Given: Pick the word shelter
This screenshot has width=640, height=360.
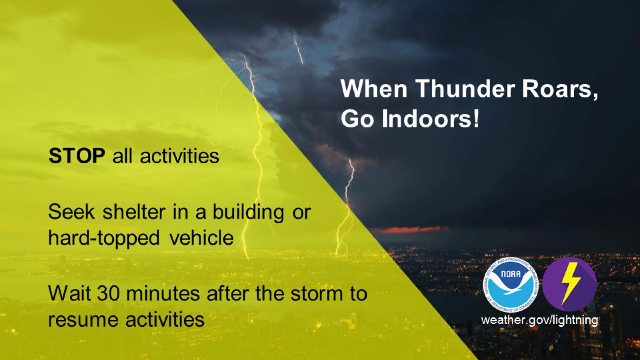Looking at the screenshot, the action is (x=134, y=212).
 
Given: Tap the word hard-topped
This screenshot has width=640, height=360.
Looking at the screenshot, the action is (x=104, y=238).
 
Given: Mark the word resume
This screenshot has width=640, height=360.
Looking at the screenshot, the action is (x=83, y=320).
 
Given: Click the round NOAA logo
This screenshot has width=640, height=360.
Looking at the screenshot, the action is (x=511, y=284).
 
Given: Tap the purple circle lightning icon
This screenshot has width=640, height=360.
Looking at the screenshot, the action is (x=570, y=284).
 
